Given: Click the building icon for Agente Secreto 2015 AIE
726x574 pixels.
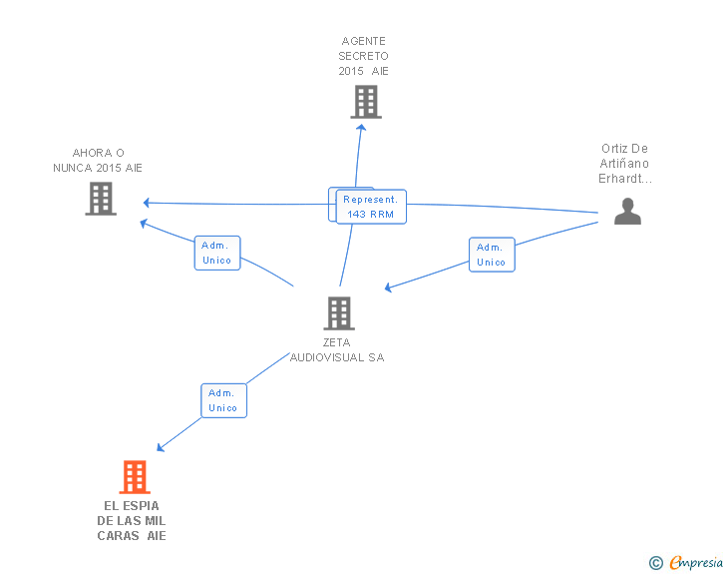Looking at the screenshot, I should pos(366,102).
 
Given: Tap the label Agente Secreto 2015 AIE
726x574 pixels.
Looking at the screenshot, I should pos(363,56).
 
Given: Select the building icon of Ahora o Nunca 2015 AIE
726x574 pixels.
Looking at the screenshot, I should pos(101,199).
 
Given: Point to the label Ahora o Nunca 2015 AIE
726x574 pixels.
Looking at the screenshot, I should pos(98,161).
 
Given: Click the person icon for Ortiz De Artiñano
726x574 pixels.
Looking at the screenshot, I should pos(627,212).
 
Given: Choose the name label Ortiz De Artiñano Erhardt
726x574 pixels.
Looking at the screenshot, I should pos(624,164).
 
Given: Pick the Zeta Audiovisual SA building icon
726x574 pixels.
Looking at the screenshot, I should pos(338,313).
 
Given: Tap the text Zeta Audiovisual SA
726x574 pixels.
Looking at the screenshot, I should pos(337,349).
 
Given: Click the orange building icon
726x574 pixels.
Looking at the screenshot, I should pos(135,477).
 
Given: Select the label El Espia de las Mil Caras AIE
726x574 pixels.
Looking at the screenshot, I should pos(132,521).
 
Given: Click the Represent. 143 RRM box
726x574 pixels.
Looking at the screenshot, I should pos(371,207).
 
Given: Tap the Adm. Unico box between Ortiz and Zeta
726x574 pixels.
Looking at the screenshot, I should pos(491,255).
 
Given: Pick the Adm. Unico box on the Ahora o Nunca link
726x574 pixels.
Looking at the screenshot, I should pos(216,253).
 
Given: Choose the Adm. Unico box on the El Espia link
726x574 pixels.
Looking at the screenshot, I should pos(223,400).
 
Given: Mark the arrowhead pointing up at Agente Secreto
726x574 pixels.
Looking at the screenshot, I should pos(362,127).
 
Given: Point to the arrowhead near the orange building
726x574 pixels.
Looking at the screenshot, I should pos(161,447).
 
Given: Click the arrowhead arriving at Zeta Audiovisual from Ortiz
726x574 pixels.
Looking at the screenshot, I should pos(389,288).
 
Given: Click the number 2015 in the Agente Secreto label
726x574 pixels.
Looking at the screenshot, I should pos(352,71).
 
